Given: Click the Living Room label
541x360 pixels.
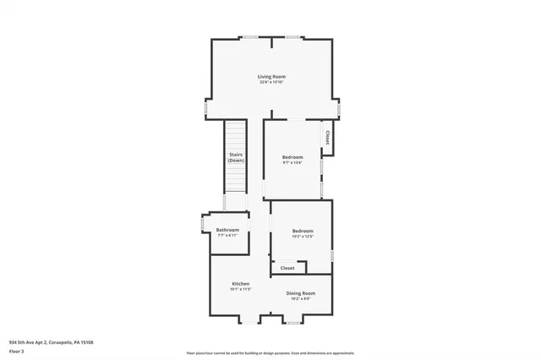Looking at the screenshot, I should pos(271,77).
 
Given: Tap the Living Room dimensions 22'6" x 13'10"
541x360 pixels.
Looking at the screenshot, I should pos(271,83).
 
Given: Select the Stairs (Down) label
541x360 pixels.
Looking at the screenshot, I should pos(236,157).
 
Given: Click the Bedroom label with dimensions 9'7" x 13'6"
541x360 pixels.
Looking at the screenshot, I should pos(292,157).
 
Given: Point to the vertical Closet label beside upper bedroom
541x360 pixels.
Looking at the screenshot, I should pos(327,137).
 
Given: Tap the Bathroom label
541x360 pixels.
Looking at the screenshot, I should pos(227,230).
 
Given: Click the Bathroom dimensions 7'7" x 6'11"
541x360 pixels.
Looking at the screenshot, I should pos(227,236).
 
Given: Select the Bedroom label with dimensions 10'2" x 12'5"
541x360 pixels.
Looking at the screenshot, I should pos(303,231).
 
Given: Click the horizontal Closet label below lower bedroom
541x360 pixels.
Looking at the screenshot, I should pos(287,268).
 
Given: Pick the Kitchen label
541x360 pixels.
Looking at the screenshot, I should pos(241,283).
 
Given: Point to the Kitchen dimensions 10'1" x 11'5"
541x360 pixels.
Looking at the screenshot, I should pos(241,289).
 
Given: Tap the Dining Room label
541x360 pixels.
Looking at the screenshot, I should pos(301,292).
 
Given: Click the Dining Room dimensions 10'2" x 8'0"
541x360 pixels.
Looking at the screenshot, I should pos(301,298).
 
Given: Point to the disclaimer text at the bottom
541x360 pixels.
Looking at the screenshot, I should pos(270,352).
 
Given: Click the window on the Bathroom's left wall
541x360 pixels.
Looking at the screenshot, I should pos(202,223).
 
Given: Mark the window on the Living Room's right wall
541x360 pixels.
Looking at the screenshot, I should pos(340,110).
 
